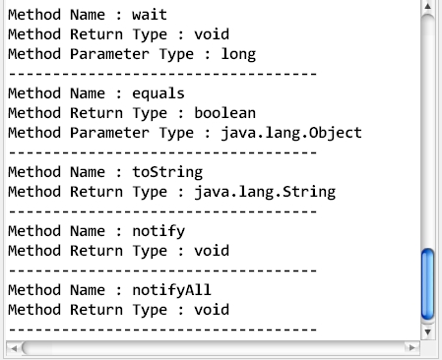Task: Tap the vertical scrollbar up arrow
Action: [x=427, y=8]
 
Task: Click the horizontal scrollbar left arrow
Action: [x=13, y=347]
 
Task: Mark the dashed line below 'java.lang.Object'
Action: [x=161, y=151]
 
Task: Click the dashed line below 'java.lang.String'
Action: [x=161, y=210]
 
